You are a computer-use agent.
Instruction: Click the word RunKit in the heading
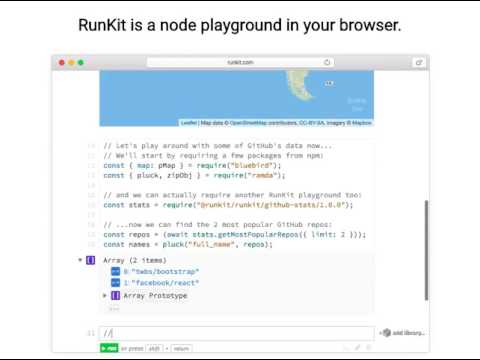point(103,24)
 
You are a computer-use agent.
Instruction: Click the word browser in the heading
point(365,24)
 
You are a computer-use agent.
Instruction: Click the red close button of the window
point(61,62)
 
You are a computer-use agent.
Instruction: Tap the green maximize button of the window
point(81,62)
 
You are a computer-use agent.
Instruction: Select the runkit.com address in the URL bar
point(240,62)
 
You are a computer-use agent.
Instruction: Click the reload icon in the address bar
point(327,62)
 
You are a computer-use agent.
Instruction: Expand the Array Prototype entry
point(105,296)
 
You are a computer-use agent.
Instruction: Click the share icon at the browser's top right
point(418,62)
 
